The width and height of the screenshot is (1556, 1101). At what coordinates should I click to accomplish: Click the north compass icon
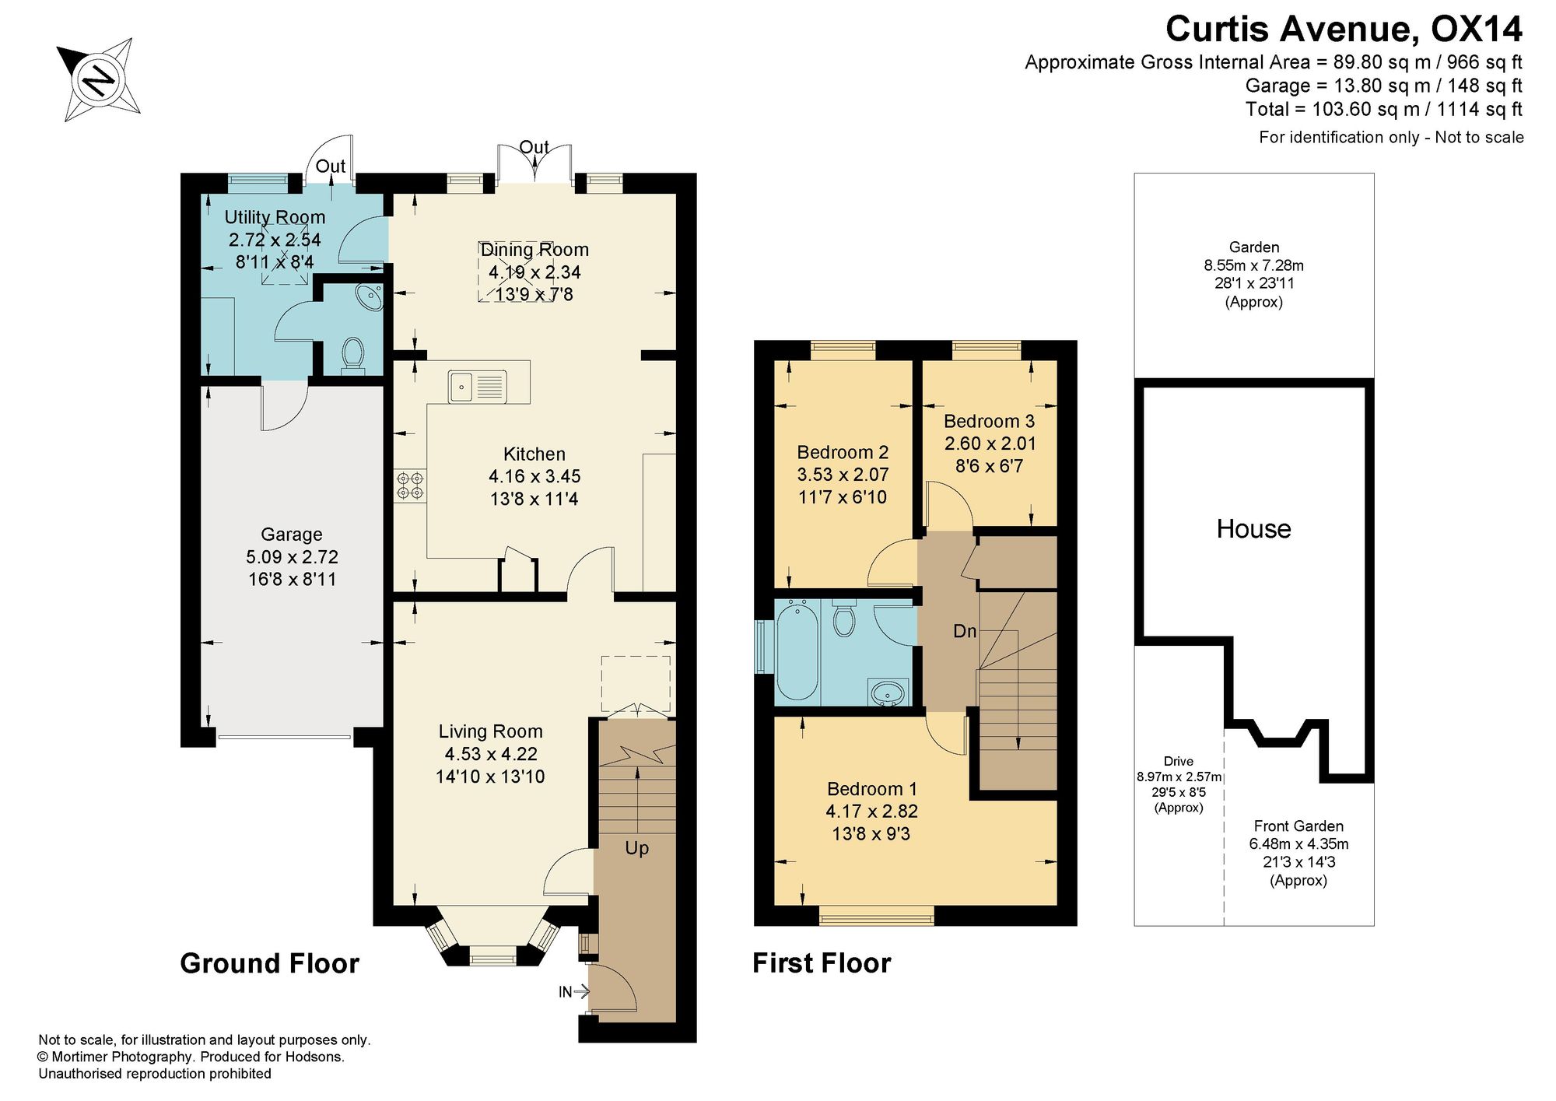click(x=99, y=79)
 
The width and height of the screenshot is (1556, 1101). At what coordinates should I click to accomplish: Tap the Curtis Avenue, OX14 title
click(x=1344, y=30)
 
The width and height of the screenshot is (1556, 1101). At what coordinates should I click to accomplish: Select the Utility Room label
click(x=275, y=217)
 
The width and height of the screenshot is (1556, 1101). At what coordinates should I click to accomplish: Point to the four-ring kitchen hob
click(x=410, y=486)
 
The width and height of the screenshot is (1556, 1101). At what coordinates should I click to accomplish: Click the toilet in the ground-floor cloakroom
click(x=353, y=355)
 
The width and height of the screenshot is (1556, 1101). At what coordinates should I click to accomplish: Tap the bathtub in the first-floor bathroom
click(x=797, y=650)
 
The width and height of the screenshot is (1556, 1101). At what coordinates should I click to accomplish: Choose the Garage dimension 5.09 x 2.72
click(x=292, y=557)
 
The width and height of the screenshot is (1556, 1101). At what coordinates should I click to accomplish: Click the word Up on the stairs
click(x=636, y=848)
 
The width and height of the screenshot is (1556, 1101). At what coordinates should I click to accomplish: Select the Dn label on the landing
click(x=965, y=631)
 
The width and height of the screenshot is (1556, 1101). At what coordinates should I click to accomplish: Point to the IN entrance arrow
click(x=574, y=991)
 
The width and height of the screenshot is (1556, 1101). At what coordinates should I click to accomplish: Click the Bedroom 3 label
click(x=989, y=421)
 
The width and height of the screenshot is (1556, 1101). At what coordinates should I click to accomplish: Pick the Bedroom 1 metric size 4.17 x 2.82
click(x=871, y=811)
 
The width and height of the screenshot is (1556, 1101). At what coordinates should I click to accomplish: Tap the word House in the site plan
click(x=1253, y=529)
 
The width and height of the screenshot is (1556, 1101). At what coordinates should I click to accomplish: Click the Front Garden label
click(x=1298, y=826)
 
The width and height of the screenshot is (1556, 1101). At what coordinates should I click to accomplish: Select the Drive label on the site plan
click(x=1179, y=761)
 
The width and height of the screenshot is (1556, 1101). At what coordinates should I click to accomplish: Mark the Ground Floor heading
click(x=269, y=963)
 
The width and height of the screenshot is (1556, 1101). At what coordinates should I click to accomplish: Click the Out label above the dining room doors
click(x=534, y=147)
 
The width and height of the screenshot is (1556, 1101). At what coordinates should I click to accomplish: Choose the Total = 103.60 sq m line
click(x=1383, y=110)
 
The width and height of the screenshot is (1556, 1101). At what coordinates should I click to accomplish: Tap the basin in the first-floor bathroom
click(x=889, y=692)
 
